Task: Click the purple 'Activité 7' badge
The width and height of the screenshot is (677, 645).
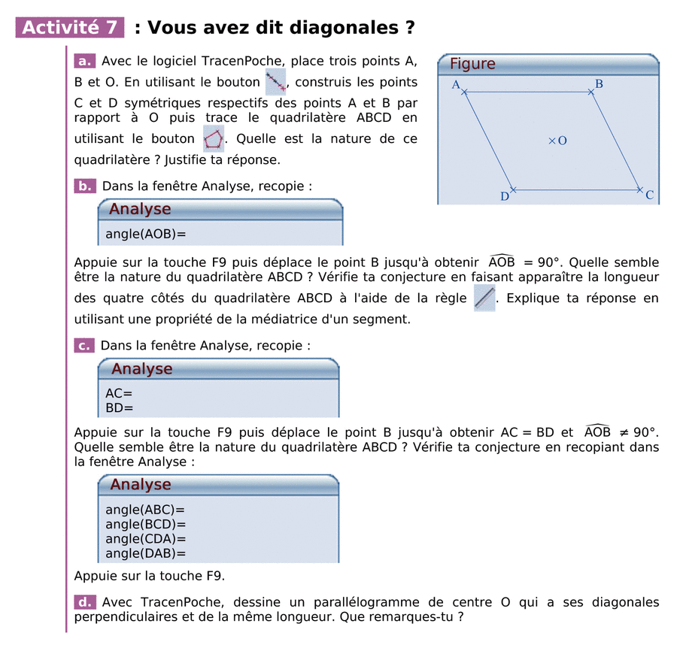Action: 70,28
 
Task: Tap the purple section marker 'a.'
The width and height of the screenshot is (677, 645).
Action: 84,62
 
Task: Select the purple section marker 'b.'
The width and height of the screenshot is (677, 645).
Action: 85,186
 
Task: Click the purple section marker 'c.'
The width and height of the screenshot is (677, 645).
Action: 84,346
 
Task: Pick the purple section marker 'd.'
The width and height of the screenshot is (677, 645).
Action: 84,603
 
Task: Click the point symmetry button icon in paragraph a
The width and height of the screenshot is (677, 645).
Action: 276,81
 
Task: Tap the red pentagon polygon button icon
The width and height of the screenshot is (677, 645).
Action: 214,139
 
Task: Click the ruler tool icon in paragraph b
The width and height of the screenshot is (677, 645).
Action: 485,298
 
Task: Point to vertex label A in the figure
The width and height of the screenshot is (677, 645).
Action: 456,85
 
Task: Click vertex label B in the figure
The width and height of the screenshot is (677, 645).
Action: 599,84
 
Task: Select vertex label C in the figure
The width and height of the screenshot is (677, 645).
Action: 649,195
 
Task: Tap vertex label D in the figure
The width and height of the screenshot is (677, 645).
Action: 505,197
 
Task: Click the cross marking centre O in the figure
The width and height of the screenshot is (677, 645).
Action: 551,141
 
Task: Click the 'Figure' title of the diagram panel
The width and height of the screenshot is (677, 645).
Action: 472,64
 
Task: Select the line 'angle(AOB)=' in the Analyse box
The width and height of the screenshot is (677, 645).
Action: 145,234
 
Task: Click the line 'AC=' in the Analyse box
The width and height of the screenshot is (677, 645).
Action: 119,393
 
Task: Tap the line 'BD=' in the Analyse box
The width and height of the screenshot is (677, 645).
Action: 119,408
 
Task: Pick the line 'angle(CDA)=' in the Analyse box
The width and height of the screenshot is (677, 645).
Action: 145,539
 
